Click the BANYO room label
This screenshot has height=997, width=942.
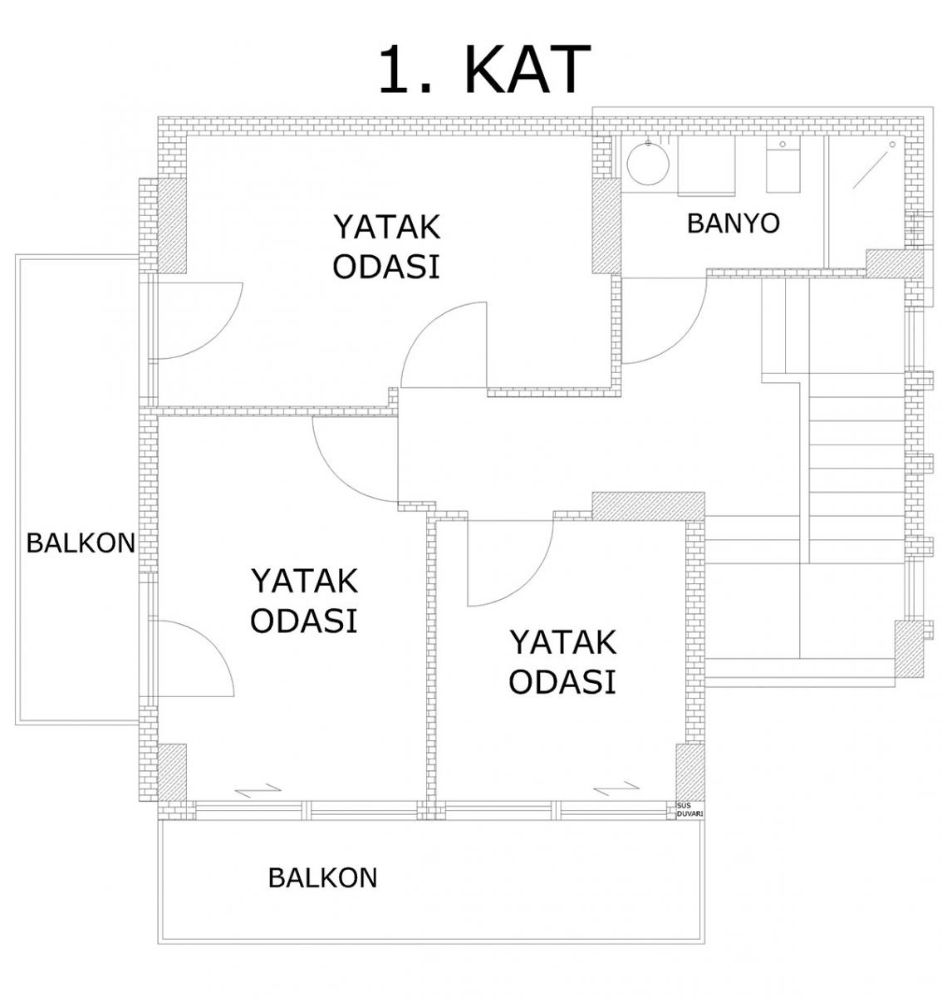pos(733,223)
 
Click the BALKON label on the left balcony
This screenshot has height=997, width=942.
pos(81,543)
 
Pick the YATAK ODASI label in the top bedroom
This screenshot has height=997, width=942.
pos(386,247)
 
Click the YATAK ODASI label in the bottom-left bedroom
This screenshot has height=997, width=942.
pos(304,601)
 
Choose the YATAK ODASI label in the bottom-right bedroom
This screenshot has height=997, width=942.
pos(563,662)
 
